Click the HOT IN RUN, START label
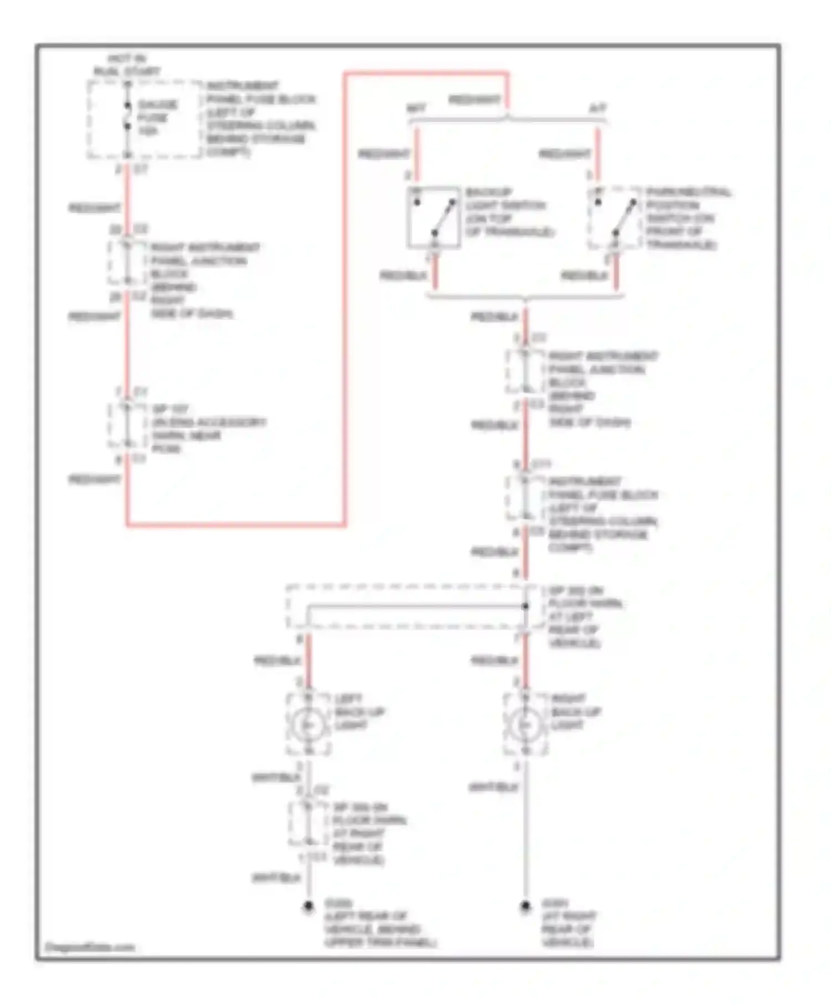127,65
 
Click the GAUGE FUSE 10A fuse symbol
127,116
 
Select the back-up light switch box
434,217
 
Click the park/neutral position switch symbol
615,217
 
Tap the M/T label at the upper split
416,108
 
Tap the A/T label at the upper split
597,108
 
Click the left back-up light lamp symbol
309,725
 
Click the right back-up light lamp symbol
525,725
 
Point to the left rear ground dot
308,906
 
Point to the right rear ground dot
525,906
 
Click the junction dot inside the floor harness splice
525,606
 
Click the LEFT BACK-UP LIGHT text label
359,711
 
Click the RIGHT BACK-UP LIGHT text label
576,711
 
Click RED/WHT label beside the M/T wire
383,154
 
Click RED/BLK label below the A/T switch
584,275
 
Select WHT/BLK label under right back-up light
493,787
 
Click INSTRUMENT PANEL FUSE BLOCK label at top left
260,118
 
